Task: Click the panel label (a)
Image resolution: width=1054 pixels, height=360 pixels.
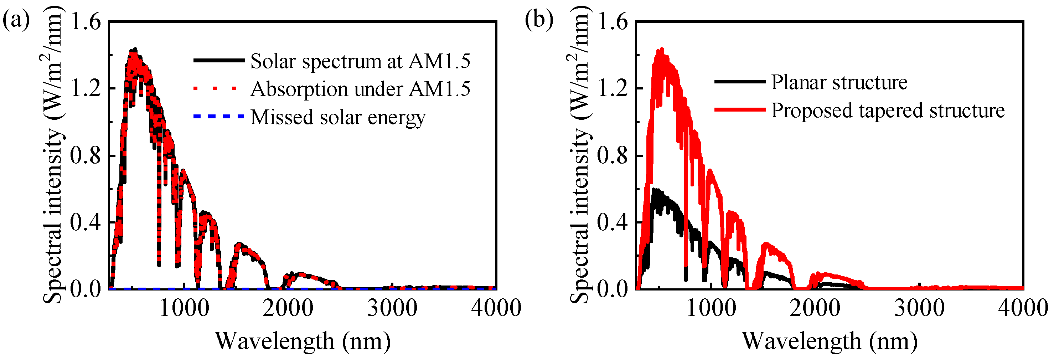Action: (16, 20)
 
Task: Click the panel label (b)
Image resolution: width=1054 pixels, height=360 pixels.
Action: (539, 20)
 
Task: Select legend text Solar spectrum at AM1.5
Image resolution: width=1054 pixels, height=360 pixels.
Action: (360, 61)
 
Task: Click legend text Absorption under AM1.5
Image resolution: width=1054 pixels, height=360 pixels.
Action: (360, 89)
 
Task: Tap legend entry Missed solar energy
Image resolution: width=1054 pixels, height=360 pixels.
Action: (337, 117)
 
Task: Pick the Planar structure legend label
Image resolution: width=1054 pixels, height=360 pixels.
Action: (839, 82)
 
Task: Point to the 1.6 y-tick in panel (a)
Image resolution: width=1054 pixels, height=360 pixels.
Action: (86, 21)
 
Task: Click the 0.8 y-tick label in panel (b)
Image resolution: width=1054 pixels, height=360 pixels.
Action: (612, 155)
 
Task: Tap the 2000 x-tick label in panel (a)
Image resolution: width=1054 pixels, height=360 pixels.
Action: (288, 308)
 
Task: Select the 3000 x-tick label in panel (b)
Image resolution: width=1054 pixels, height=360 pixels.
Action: (919, 308)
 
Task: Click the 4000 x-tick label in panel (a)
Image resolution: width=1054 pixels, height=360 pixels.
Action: (496, 308)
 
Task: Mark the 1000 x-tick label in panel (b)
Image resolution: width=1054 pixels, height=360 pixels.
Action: (711, 308)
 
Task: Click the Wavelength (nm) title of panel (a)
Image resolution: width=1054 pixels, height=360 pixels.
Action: (303, 341)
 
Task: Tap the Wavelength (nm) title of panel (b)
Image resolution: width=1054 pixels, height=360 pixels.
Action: (830, 341)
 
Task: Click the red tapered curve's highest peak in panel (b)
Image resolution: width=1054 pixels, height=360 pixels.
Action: (662, 50)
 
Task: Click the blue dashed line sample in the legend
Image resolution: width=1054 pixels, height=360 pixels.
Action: (218, 117)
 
